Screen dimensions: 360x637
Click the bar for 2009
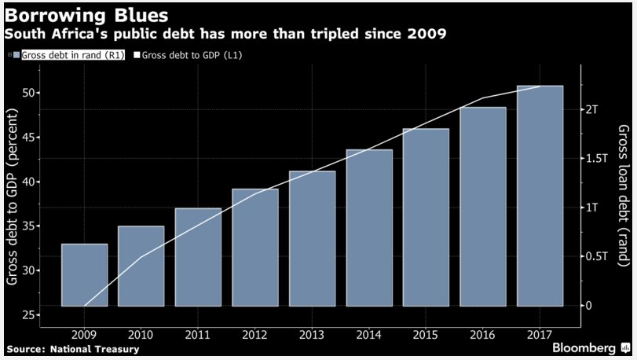tap(84, 275)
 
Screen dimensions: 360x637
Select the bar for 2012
tap(255, 248)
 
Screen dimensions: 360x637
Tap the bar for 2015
tap(426, 217)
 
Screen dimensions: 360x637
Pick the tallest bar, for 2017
tap(540, 196)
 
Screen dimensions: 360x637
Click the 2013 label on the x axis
tap(312, 334)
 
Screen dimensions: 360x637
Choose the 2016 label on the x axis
tap(483, 334)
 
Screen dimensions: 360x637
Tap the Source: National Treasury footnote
tap(72, 348)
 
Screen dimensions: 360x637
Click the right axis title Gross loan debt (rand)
tap(623, 197)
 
